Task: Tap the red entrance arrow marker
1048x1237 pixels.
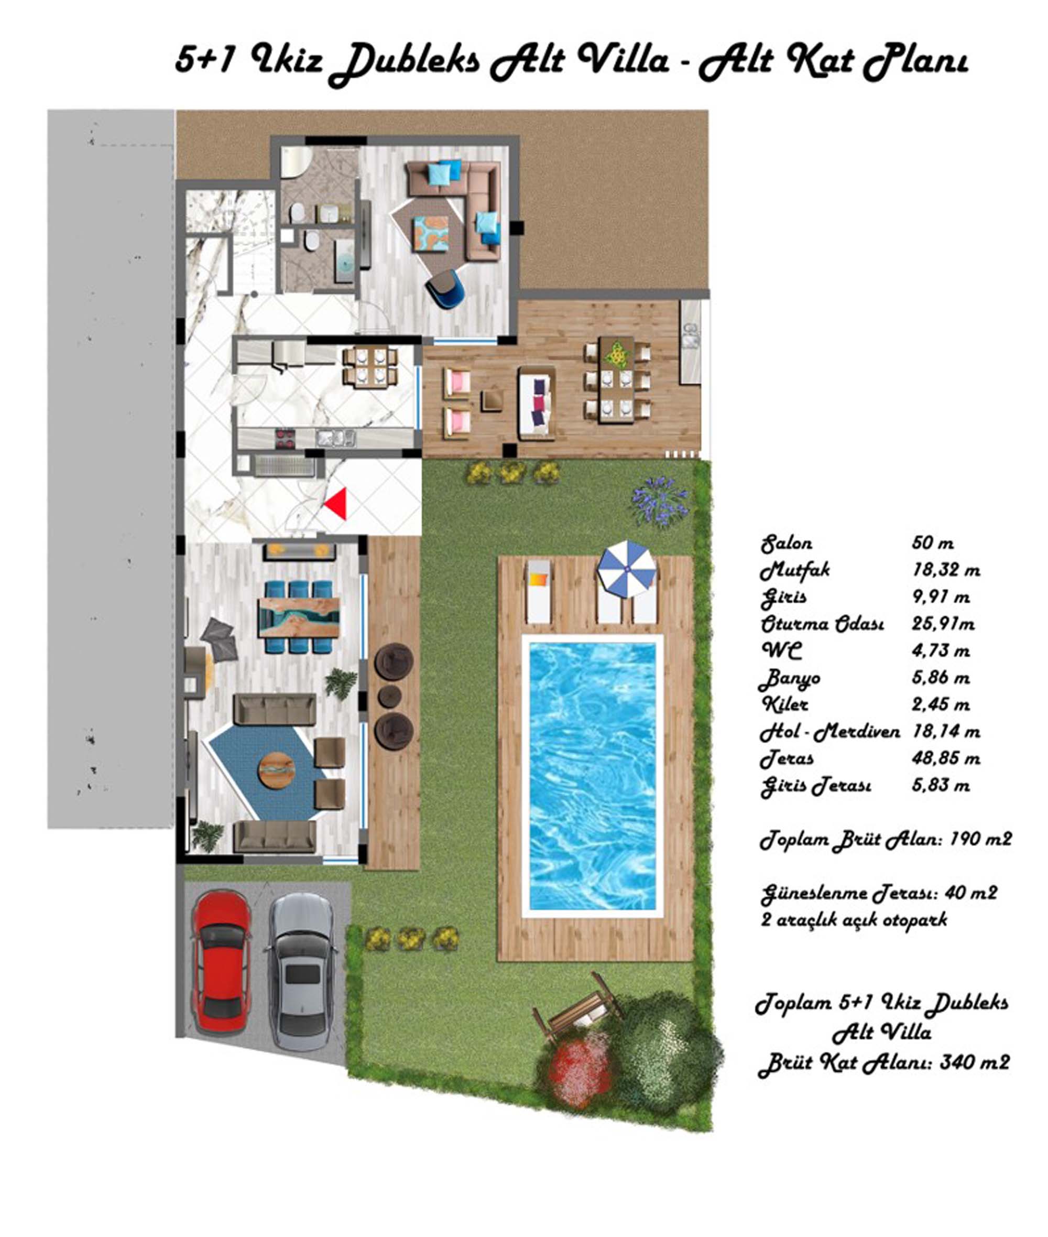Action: tap(336, 504)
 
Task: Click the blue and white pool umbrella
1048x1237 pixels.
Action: tap(627, 569)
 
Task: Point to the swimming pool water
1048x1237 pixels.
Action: tap(592, 776)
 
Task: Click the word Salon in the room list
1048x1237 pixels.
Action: tap(787, 543)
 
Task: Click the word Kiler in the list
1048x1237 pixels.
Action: tap(785, 704)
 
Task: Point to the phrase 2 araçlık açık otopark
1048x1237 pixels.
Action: tap(854, 920)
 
